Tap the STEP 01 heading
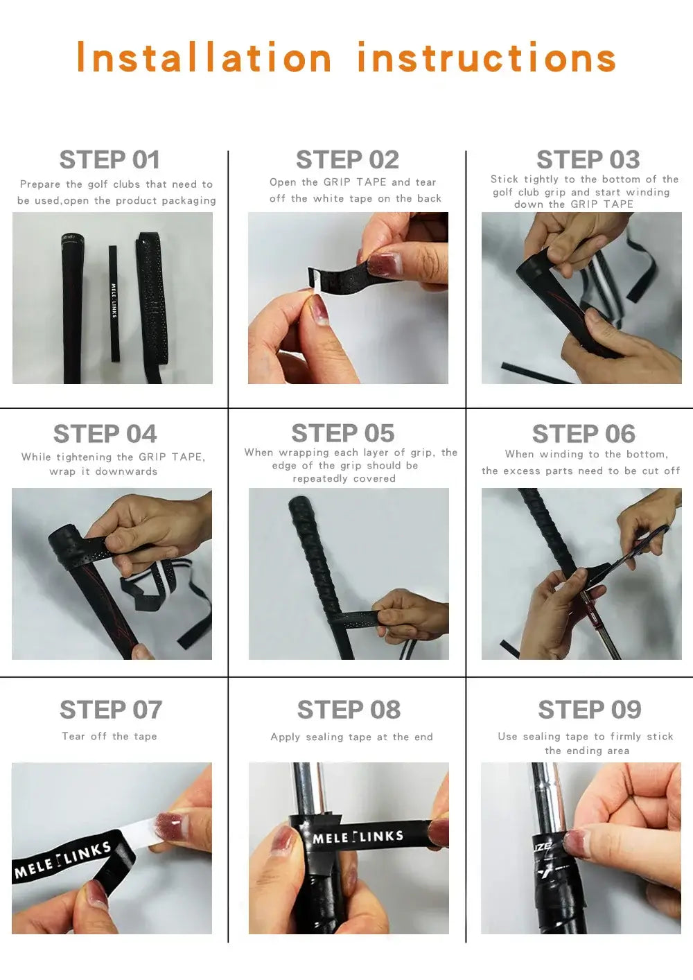coord(109,159)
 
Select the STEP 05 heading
coord(343,433)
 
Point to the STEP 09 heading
coord(589,709)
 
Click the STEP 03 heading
coord(588,159)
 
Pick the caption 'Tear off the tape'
coord(109,736)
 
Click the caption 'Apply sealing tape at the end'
coord(351,737)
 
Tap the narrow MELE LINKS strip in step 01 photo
coord(114,303)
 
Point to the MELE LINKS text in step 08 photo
coord(358,837)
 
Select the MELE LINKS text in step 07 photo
coord(63,859)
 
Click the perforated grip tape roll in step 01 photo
coord(150,306)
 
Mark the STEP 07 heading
coord(111,709)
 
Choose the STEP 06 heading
coord(584,433)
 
